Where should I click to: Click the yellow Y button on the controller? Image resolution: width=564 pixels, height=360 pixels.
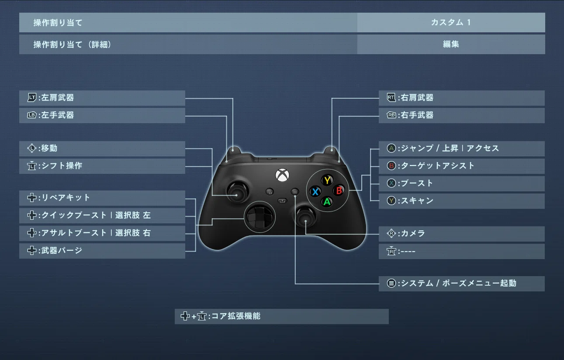327,180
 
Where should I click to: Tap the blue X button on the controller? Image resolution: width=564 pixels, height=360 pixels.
315,192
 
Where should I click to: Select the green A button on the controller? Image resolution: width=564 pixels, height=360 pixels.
327,202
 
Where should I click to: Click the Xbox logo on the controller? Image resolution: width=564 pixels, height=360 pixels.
282,175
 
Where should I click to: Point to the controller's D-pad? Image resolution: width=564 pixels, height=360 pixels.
260,217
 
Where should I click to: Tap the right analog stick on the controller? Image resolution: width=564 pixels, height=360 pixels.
305,217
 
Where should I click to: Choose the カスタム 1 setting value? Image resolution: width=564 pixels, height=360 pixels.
451,22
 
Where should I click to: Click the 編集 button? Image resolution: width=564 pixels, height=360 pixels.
451,44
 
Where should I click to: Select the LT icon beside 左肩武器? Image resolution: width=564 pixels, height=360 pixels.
32,97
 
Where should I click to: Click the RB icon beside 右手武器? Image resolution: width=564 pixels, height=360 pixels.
391,115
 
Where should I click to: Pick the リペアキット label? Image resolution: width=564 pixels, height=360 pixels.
66,197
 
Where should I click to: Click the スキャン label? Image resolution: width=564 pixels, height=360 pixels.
417,201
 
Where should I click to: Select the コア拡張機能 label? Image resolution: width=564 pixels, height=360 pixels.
235,316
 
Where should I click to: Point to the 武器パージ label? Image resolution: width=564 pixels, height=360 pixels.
62,250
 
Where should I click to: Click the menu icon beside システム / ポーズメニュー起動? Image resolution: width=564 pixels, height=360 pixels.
391,283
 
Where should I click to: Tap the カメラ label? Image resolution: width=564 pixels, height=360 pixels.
413,233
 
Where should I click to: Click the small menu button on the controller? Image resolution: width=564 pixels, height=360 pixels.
295,192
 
